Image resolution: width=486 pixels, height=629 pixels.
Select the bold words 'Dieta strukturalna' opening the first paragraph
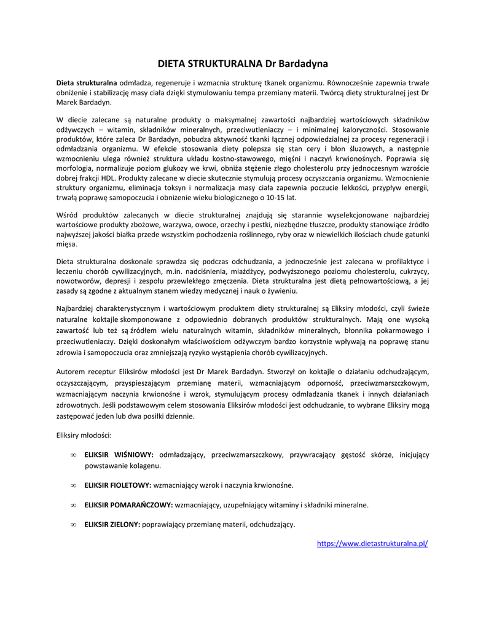point(87,83)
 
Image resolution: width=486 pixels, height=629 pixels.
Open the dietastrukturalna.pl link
point(372,544)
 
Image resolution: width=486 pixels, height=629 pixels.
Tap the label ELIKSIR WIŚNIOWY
point(119,455)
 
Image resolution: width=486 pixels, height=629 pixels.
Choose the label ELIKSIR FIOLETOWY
point(119,485)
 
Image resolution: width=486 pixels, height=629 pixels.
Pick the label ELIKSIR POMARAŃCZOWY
point(128,505)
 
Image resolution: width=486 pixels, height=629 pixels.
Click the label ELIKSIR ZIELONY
point(112,525)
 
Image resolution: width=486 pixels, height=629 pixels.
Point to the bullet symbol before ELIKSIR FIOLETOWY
point(73,485)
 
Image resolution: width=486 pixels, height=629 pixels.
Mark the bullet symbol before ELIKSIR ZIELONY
point(73,525)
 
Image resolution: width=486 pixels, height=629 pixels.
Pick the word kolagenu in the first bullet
point(144,466)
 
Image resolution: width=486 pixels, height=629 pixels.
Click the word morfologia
point(76,168)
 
